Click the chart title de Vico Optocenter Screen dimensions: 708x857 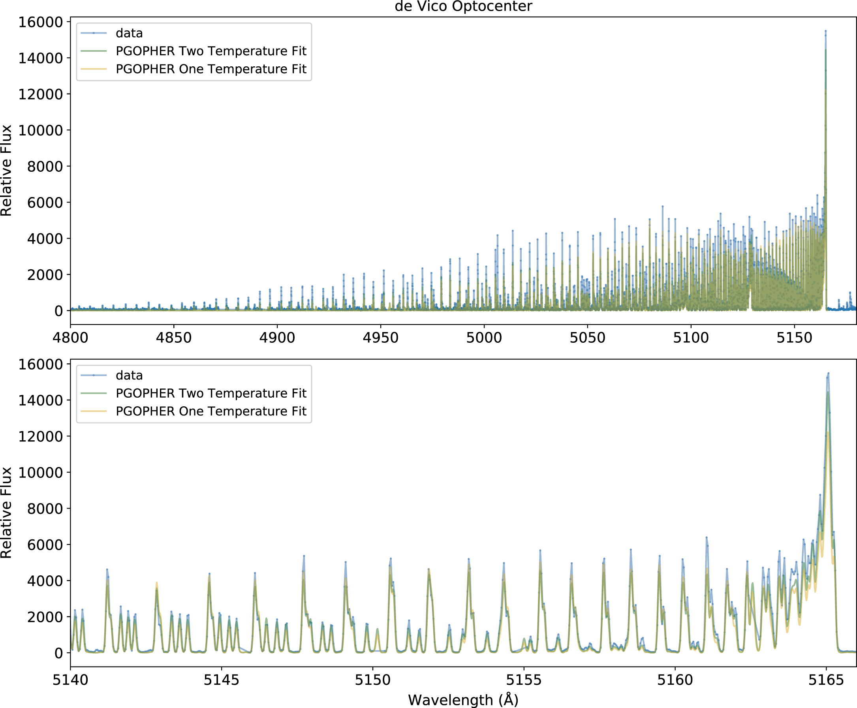coord(463,7)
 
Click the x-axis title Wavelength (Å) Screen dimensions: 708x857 coord(463,700)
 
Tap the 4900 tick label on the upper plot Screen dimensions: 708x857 coord(277,338)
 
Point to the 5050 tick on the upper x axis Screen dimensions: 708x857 coord(587,338)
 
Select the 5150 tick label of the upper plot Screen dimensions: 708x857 coord(794,338)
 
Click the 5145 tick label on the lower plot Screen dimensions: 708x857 coord(222,680)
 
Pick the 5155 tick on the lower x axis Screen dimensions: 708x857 coord(524,680)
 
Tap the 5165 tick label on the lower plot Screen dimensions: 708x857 coord(826,680)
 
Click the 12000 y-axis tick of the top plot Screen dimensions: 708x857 coord(40,94)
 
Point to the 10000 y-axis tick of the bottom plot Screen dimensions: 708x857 coord(40,473)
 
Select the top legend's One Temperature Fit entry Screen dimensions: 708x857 coord(210,69)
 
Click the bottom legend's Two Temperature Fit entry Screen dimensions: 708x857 coord(210,393)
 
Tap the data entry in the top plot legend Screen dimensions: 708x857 coord(129,33)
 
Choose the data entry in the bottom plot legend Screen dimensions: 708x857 coord(129,375)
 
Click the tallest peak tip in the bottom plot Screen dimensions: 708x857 coord(828,373)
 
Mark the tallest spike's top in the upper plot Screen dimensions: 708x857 coord(825,31)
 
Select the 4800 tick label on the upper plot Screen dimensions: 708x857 coord(70,338)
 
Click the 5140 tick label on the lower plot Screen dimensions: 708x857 coord(70,680)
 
